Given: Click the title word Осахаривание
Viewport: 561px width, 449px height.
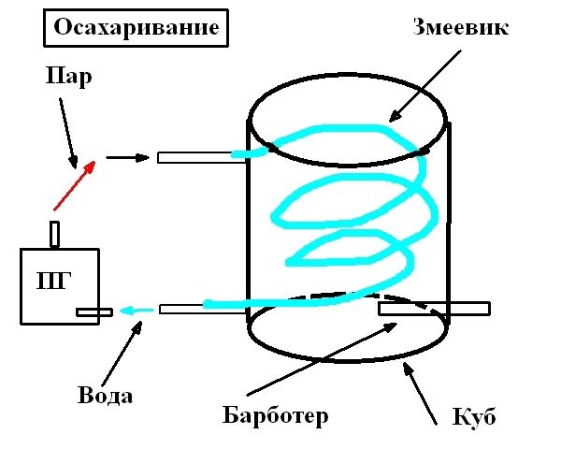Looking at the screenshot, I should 137,29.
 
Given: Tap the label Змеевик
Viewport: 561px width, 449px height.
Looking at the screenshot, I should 461,27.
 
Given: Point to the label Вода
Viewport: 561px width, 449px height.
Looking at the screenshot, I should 105,396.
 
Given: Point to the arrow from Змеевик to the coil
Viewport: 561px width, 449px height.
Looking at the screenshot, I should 425,85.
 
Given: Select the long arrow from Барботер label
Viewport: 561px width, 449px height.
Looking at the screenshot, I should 326,359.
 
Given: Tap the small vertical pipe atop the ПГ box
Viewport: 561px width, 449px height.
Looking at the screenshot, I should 55,233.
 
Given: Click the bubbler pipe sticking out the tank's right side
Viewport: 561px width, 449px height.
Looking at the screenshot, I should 434,308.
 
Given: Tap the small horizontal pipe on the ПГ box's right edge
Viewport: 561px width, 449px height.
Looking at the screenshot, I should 94,312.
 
